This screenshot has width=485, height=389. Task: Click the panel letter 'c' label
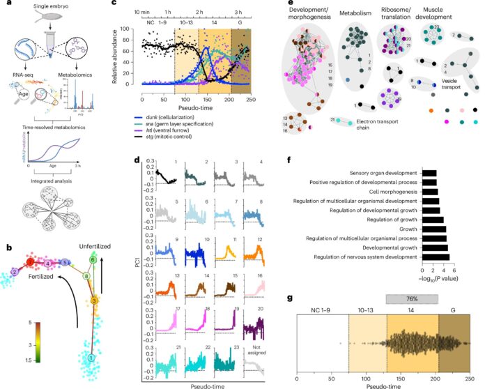[x=116, y=5]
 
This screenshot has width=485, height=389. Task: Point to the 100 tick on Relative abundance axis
[x=128, y=29]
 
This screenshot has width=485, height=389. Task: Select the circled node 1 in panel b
[x=90, y=358]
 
